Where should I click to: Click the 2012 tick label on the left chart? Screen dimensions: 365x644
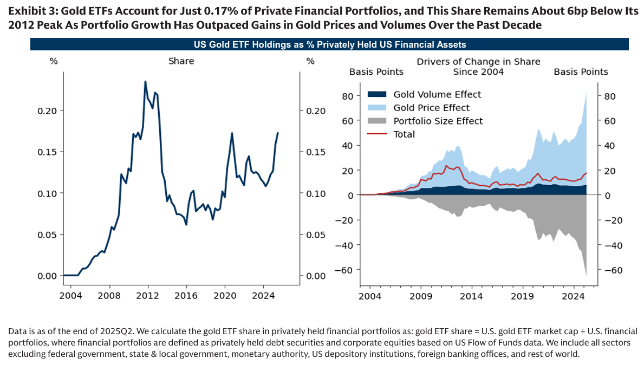[x=148, y=296]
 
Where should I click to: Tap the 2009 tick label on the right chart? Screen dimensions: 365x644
[x=421, y=296]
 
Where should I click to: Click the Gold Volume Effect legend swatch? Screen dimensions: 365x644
[x=377, y=95]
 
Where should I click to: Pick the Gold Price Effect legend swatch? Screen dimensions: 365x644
[x=377, y=108]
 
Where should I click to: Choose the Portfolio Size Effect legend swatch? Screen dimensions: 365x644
[x=377, y=121]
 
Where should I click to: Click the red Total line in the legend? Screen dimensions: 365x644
[x=377, y=134]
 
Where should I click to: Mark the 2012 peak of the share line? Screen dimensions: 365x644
[x=145, y=82]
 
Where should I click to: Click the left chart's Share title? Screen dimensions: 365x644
[x=181, y=61]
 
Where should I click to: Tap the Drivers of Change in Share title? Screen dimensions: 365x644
[x=478, y=62]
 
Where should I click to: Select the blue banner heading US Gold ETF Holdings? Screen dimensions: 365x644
[x=329, y=44]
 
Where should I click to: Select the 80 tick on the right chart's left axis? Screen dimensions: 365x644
[x=348, y=96]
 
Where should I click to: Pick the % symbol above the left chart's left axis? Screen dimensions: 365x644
[x=53, y=61]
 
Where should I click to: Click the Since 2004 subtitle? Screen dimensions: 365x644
[x=478, y=71]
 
